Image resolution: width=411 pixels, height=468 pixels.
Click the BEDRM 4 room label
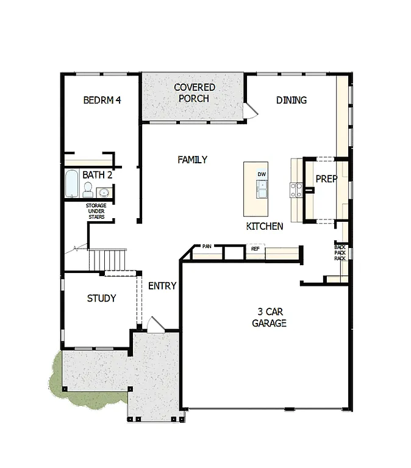102,100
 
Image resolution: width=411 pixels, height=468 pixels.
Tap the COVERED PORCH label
195,93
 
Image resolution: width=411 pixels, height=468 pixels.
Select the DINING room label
291,100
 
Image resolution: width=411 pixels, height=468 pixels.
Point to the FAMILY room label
192,160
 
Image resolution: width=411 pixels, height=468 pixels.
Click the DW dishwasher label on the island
262,174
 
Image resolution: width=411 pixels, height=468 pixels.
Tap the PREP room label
326,179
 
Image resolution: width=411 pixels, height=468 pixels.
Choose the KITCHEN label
264,226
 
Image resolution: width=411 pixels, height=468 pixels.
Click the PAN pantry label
207,247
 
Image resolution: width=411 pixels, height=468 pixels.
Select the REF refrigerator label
255,249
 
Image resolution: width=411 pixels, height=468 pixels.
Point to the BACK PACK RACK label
340,252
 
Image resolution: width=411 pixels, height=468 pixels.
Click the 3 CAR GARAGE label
269,318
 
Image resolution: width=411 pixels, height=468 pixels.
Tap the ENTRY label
162,286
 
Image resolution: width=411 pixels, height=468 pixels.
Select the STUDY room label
101,299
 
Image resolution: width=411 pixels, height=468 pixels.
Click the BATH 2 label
98,175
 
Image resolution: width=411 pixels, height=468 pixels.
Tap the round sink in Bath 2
102,193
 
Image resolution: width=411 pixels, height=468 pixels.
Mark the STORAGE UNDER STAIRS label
95,211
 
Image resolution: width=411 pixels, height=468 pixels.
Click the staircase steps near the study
108,259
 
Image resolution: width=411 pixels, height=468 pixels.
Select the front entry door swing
154,324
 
